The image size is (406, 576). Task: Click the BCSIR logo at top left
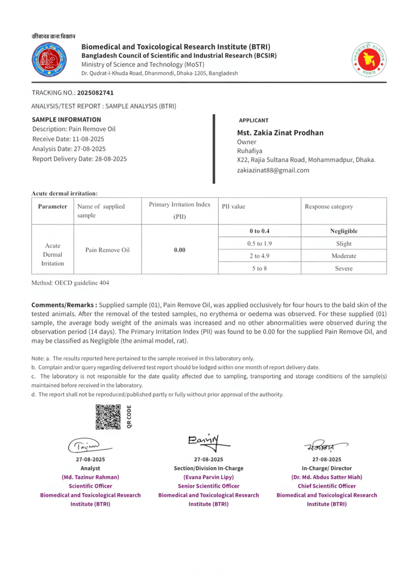(x=49, y=60)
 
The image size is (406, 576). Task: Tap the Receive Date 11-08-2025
(x=84, y=139)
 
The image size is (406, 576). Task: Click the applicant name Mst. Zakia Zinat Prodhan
(x=280, y=133)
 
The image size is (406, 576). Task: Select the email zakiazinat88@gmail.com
(x=273, y=170)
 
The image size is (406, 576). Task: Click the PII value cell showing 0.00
(x=179, y=250)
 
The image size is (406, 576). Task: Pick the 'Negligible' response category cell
(x=344, y=231)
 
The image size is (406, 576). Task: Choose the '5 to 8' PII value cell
(x=259, y=268)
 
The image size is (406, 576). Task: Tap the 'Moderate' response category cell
(x=344, y=256)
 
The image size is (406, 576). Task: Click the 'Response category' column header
(x=329, y=206)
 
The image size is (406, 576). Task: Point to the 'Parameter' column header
(x=52, y=206)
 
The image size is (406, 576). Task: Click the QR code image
(x=108, y=417)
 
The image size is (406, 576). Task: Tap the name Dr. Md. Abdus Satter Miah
(x=326, y=477)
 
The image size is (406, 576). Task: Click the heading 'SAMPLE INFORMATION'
(x=66, y=119)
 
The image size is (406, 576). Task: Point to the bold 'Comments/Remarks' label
(x=64, y=305)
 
